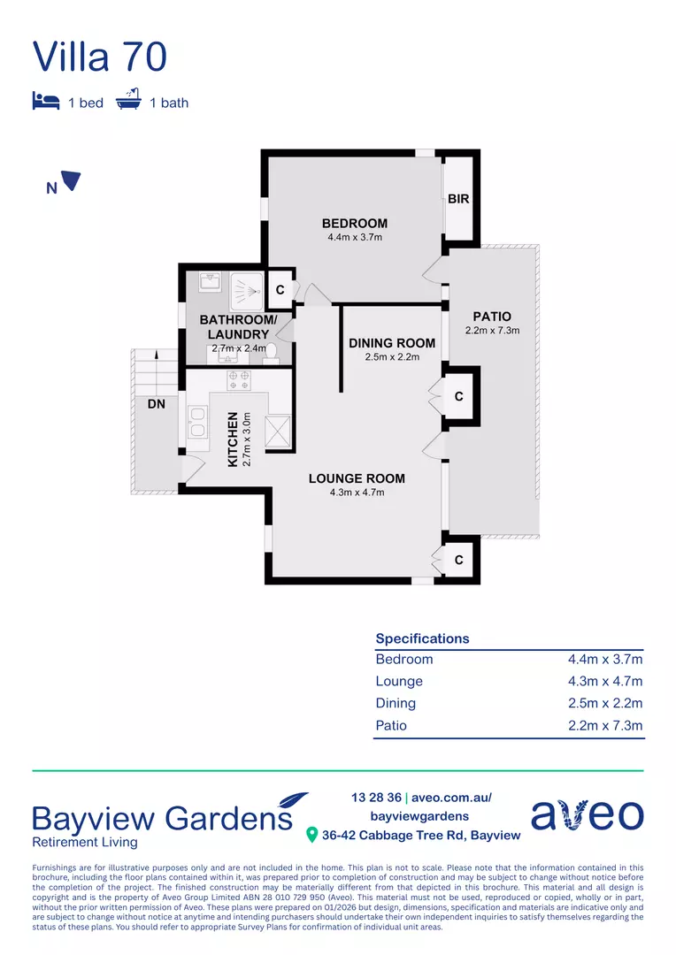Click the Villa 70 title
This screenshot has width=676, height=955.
tap(99, 56)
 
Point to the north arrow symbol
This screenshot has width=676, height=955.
tap(70, 182)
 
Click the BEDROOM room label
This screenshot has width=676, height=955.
tap(354, 224)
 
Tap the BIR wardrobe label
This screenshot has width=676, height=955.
tap(458, 199)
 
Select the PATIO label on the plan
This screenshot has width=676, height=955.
tap(492, 317)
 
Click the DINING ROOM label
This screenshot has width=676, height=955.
tap(392, 343)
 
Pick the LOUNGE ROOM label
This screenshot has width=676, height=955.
tap(357, 478)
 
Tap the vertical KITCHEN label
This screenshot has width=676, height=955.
tap(234, 439)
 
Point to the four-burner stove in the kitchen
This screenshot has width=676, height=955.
tap(239, 381)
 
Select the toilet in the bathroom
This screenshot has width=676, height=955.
tap(271, 352)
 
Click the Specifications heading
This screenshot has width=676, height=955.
tap(422, 638)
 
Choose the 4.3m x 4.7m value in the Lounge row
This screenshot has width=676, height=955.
tap(604, 682)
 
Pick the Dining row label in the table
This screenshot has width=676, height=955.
tap(396, 704)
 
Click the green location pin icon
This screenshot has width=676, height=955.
tap(311, 835)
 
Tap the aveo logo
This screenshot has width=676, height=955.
tap(587, 814)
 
